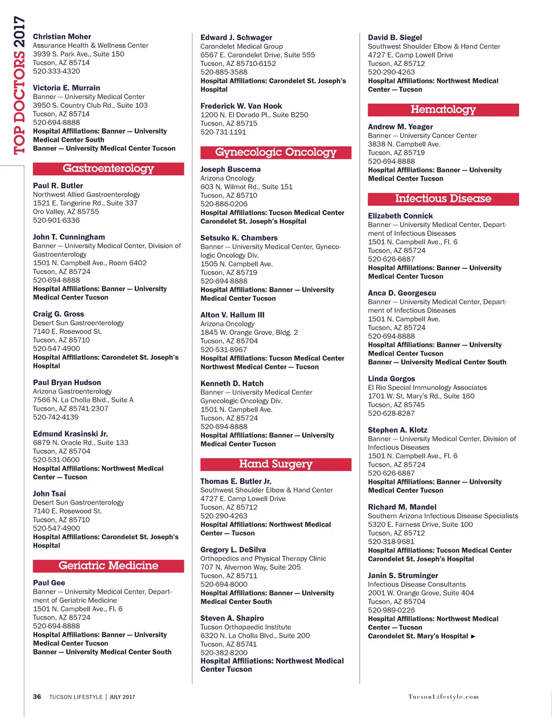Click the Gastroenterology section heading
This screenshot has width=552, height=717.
pos(108,169)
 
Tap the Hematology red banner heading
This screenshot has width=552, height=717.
pos(443,110)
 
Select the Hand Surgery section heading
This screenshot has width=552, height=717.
pos(275,464)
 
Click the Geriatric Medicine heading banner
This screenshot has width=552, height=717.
pos(108,566)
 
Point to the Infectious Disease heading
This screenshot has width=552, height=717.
pos(443,199)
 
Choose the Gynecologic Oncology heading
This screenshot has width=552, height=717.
pos(275,153)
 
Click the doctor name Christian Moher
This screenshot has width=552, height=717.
pos(62,37)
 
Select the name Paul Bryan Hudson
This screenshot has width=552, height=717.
pos(67,382)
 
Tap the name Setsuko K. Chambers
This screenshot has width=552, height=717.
pos(239,238)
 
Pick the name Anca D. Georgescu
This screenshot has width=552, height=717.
pos(402,293)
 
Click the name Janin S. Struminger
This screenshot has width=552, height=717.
pos(403,576)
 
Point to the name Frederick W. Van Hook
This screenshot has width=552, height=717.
pos(241,106)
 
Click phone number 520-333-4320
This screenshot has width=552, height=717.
pos(56,71)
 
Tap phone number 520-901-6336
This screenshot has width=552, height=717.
pos(56,220)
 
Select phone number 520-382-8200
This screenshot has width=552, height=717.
pos(224,652)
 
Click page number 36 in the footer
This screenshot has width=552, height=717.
pos(37,697)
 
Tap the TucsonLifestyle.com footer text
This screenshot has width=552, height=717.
pos(443,697)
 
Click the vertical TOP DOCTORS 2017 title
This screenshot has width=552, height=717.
pos(19,85)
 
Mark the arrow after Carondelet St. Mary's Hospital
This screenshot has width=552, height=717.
pos(473,637)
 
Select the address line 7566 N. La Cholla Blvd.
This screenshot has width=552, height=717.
pos(83,400)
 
